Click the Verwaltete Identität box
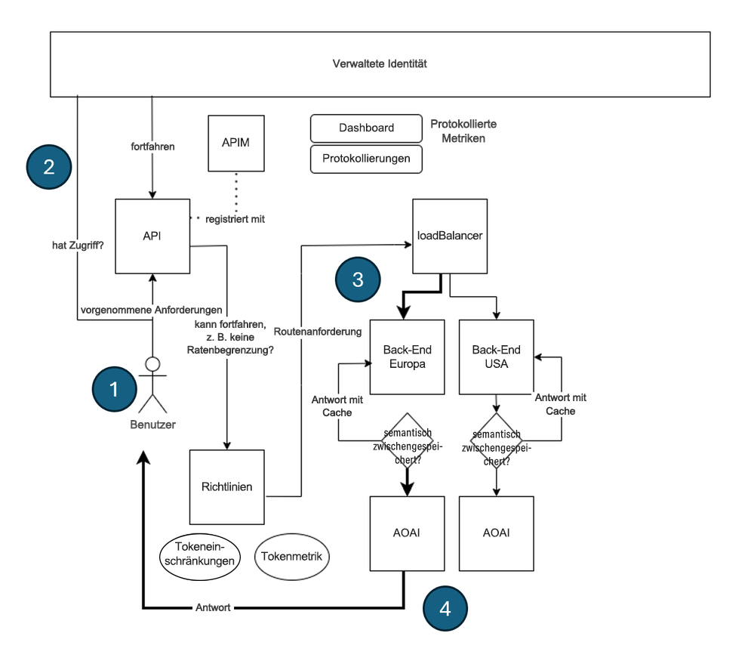(x=380, y=64)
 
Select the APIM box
(x=236, y=144)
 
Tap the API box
(x=152, y=236)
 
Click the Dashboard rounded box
(x=366, y=128)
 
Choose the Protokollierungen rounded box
(x=366, y=159)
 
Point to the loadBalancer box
(x=450, y=236)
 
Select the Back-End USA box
(x=496, y=357)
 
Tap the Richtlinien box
(x=227, y=488)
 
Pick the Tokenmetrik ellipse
(x=292, y=557)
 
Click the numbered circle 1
(x=114, y=389)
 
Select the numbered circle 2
(x=49, y=166)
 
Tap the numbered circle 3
(x=358, y=279)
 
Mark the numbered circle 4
(x=445, y=608)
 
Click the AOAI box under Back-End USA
(x=496, y=533)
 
